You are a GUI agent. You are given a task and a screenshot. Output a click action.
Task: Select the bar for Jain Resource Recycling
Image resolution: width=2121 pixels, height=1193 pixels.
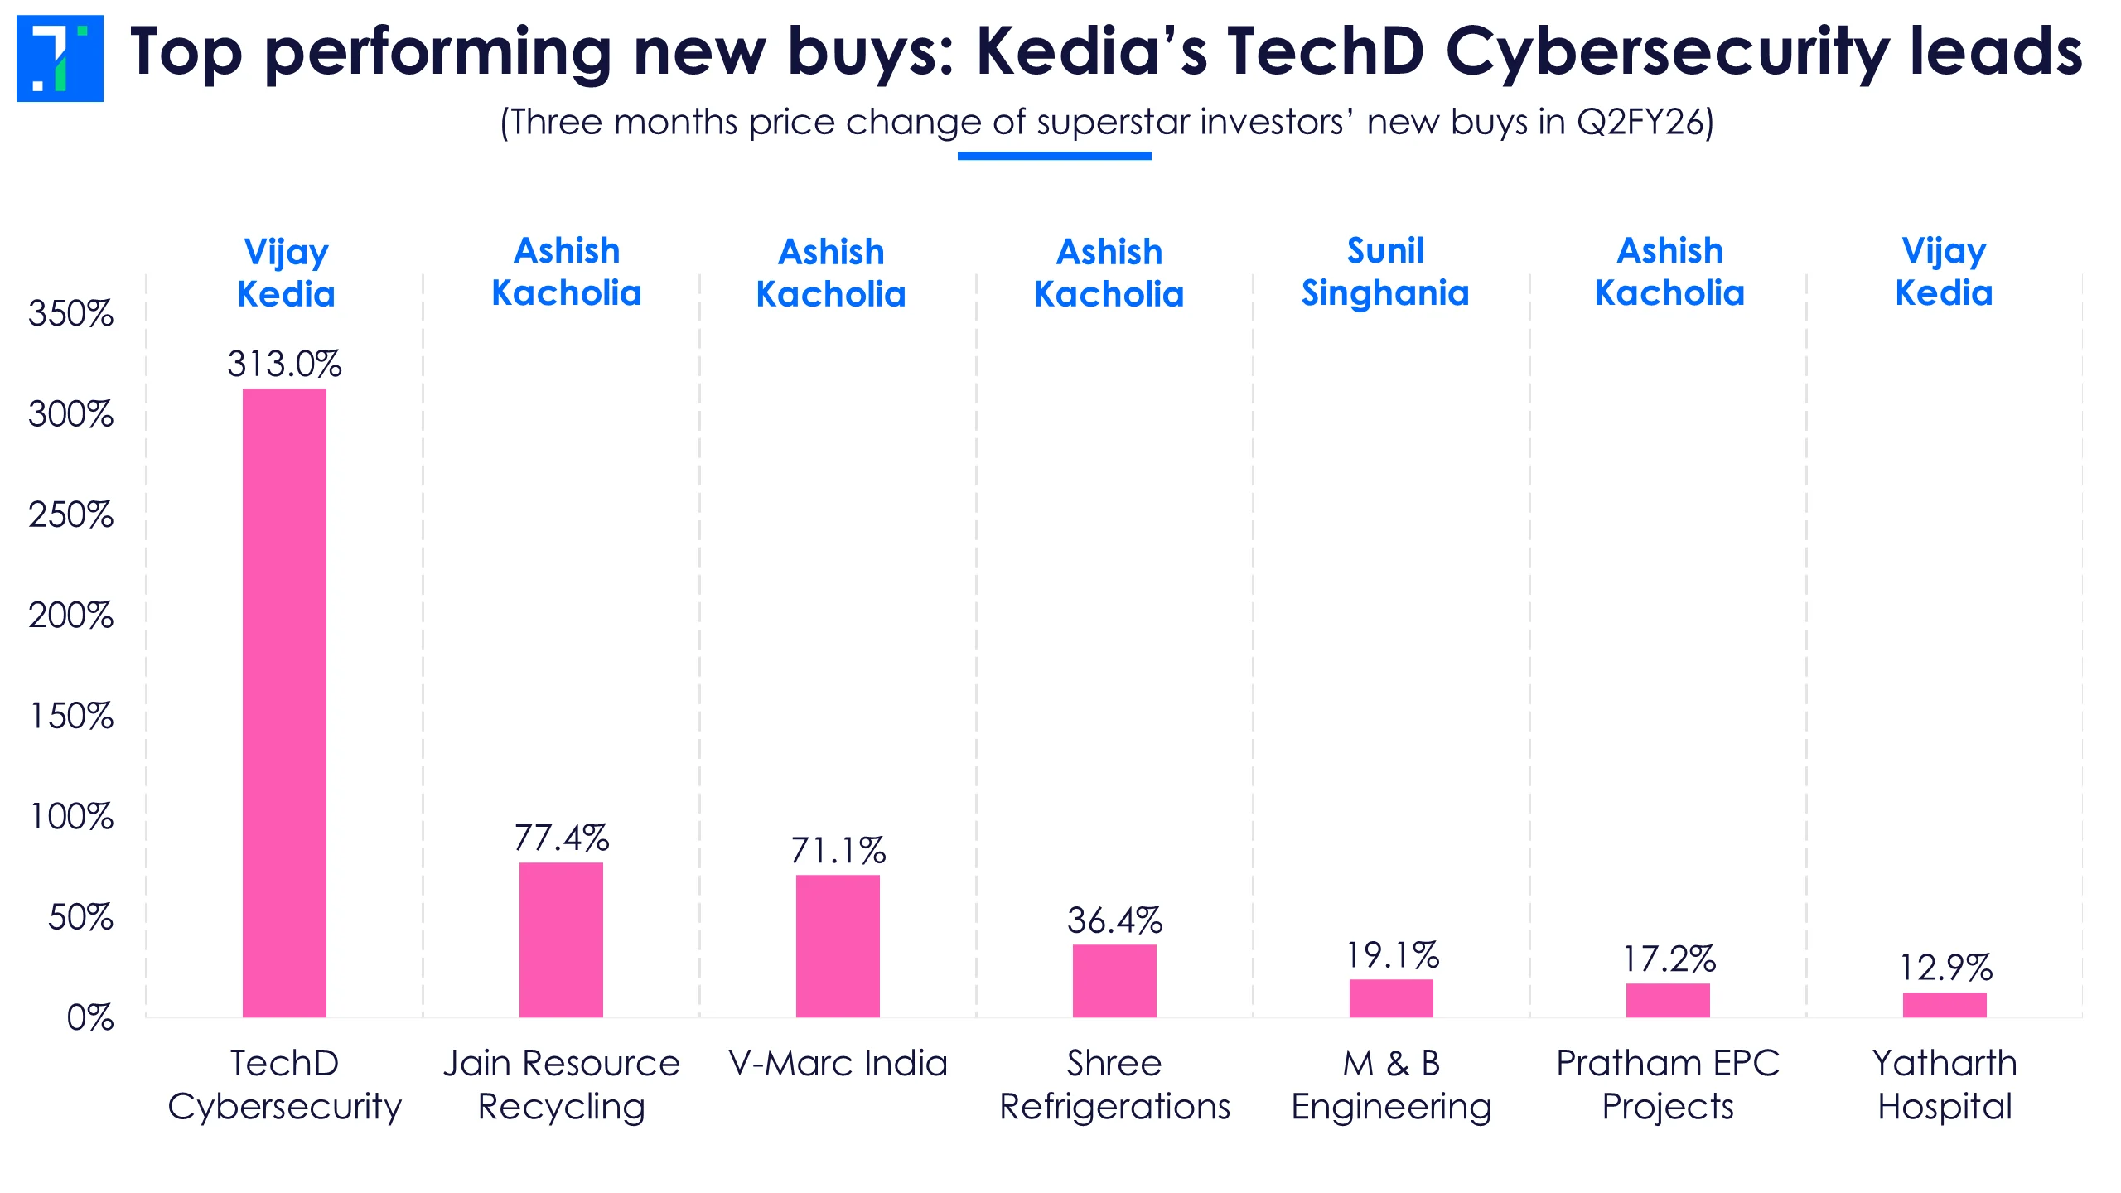[561, 939]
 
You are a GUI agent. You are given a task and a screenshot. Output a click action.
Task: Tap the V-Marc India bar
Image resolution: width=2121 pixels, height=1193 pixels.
[838, 945]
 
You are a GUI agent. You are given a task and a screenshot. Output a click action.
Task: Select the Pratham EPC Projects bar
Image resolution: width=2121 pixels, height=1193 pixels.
[1668, 1000]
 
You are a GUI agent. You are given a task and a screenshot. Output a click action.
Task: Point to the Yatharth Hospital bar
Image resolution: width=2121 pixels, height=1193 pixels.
[1945, 1004]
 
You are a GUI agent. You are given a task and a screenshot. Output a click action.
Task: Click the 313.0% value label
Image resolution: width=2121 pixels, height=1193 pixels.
[284, 364]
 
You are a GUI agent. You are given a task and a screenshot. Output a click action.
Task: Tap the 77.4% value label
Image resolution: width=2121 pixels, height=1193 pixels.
[561, 838]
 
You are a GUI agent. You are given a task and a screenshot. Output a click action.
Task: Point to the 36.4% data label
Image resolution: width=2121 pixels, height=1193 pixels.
[1114, 920]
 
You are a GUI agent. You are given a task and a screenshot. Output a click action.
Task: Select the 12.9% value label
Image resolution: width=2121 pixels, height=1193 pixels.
[1945, 968]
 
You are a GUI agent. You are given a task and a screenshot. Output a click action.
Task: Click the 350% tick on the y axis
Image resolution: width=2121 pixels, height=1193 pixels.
[70, 314]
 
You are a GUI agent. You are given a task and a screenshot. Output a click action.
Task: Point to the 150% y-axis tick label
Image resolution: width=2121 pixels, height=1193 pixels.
[71, 716]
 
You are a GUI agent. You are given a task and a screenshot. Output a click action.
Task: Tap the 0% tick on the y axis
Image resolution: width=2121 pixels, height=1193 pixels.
[89, 1017]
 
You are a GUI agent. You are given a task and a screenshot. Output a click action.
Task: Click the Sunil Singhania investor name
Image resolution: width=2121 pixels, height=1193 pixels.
[1385, 272]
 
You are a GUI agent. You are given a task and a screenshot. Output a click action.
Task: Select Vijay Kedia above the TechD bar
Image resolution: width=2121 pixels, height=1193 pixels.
[286, 273]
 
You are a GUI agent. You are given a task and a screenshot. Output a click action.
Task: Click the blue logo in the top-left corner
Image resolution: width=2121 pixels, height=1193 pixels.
[60, 58]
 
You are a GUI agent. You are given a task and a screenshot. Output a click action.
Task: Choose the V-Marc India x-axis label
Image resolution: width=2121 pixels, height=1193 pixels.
[838, 1063]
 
